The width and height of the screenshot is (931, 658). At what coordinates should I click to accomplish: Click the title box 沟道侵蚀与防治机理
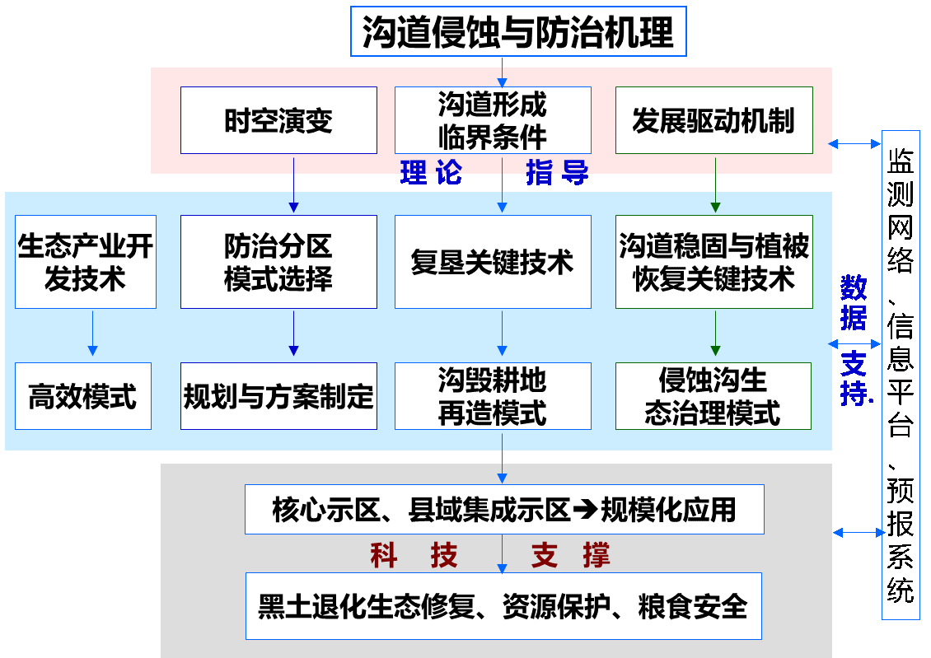click(x=518, y=31)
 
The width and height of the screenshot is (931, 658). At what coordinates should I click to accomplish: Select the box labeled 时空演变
click(x=278, y=120)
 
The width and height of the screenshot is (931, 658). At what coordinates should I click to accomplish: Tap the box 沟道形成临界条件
click(x=493, y=120)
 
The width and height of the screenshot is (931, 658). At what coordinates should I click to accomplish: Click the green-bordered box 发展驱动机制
click(x=713, y=120)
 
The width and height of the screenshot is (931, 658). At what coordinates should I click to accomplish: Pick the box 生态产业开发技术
click(x=86, y=262)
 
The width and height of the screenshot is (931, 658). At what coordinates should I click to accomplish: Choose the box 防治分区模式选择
click(x=278, y=262)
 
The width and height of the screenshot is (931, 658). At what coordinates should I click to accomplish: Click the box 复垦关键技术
click(x=493, y=262)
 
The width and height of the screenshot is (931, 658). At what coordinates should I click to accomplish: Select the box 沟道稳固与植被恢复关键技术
click(x=713, y=262)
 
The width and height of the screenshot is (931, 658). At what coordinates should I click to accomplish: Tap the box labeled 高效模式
click(x=83, y=396)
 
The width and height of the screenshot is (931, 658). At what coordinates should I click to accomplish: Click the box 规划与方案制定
click(x=278, y=396)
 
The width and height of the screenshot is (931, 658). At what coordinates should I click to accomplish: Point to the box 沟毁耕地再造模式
click(x=493, y=396)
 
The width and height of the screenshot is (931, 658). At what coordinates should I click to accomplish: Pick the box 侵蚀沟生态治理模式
click(x=713, y=396)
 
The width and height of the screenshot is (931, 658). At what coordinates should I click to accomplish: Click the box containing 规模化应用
click(x=504, y=509)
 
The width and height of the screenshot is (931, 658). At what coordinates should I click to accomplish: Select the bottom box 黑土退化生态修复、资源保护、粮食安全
click(x=503, y=606)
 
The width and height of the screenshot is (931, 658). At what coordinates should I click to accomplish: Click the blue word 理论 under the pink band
click(x=430, y=173)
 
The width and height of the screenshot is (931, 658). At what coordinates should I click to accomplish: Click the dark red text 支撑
click(x=570, y=556)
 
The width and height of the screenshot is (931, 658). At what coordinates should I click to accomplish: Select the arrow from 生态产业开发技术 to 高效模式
click(x=92, y=334)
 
